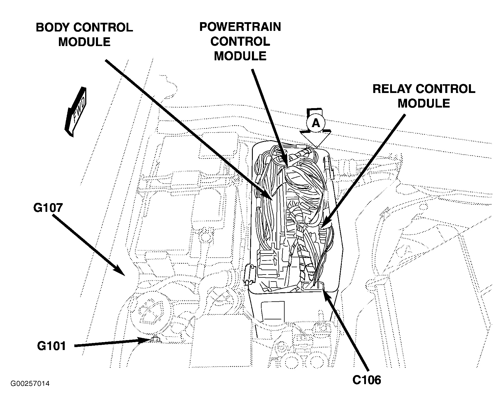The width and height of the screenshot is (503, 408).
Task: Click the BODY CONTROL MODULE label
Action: click(84, 35)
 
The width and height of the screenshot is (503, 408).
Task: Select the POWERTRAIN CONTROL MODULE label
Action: click(240, 41)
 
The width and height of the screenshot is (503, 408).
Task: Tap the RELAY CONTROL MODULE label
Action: click(424, 96)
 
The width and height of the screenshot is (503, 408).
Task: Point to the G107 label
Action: click(48, 208)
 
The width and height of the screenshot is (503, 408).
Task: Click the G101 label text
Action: click(52, 346)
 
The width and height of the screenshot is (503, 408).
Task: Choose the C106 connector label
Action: click(367, 380)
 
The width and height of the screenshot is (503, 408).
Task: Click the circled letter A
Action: click(316, 124)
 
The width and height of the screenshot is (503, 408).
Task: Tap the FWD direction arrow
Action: click(75, 111)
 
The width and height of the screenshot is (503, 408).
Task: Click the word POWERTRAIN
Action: click(240, 27)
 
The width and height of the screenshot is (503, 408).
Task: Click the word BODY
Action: click(53, 28)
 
